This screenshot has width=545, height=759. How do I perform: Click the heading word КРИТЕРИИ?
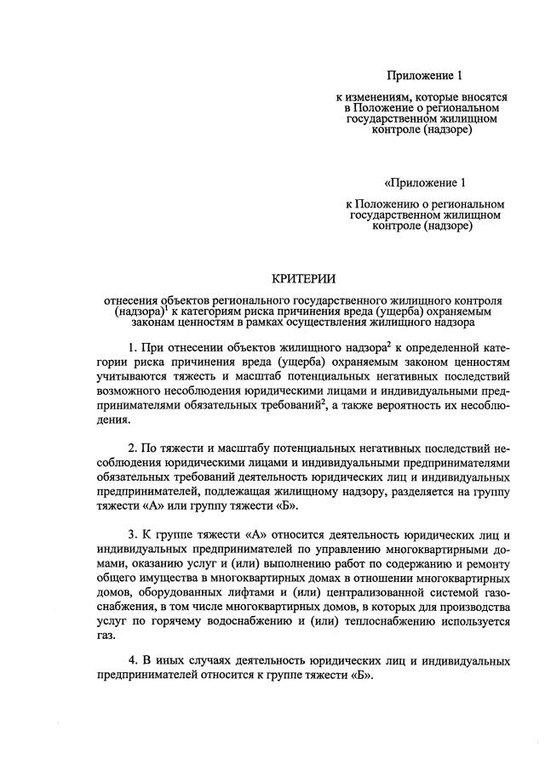(303, 278)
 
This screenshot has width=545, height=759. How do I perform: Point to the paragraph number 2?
(132, 448)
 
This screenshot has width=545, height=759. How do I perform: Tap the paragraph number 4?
(132, 660)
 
